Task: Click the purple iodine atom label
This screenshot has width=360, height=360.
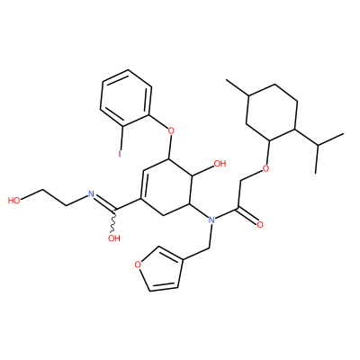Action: click(120, 154)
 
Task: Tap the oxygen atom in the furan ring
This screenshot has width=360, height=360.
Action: click(138, 265)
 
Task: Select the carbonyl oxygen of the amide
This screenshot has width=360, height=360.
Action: click(260, 224)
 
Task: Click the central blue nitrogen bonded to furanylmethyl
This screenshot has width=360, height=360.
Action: click(211, 220)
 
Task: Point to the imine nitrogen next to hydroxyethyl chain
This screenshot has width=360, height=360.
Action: click(91, 194)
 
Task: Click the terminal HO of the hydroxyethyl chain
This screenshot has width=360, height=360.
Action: click(13, 200)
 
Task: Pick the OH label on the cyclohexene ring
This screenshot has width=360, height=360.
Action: click(220, 164)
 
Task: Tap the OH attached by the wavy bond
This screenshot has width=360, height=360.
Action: click(114, 238)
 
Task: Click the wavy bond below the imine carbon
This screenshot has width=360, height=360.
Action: click(113, 220)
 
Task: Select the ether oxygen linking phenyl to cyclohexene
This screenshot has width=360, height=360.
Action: click(171, 131)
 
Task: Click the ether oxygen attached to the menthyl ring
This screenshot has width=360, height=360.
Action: click(265, 168)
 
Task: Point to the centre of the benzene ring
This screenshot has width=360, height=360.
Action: click(125, 98)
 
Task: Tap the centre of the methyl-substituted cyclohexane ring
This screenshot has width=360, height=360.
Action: click(272, 112)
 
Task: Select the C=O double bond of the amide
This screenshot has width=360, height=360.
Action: click(247, 216)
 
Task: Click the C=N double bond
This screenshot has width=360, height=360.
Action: click(105, 202)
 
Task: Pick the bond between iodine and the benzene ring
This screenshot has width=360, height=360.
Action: click(121, 139)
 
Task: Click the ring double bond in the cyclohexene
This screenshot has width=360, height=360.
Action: click(142, 184)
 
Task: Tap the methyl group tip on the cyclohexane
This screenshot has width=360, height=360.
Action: click(227, 80)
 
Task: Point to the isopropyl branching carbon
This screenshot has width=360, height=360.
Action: click(318, 146)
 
